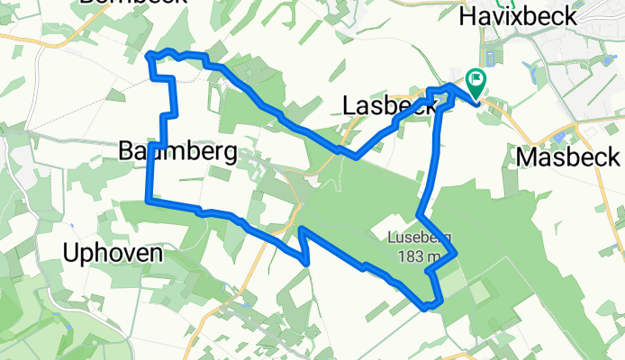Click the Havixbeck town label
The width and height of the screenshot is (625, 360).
(x=538, y=16)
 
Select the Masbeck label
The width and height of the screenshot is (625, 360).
(x=568, y=157)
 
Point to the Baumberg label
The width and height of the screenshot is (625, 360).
(x=177, y=152)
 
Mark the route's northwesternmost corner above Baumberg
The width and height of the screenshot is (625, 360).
(x=149, y=56)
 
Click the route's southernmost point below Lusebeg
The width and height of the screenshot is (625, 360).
(x=427, y=307)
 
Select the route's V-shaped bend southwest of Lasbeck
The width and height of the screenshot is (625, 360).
(x=356, y=156)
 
